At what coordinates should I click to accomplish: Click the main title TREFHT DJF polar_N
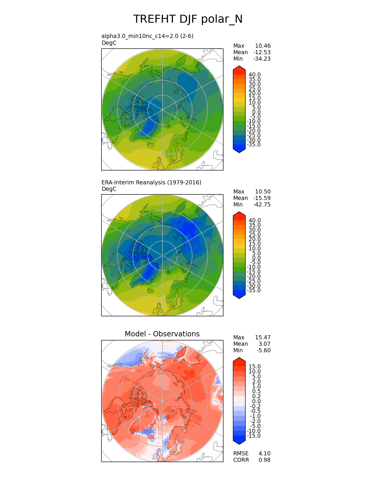click(x=188, y=19)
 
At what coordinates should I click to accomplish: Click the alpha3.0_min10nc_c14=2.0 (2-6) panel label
click(x=147, y=36)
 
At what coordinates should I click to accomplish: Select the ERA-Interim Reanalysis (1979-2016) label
click(x=151, y=182)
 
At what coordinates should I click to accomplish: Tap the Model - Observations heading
click(x=162, y=334)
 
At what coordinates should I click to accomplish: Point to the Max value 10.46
click(x=263, y=46)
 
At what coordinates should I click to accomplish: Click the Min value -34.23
click(x=262, y=59)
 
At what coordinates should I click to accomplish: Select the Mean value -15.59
click(x=262, y=198)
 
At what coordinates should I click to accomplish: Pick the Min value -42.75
click(x=262, y=205)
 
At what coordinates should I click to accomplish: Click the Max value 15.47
click(x=263, y=338)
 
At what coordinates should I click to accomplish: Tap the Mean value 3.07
click(x=265, y=344)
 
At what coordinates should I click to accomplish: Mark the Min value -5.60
click(x=264, y=351)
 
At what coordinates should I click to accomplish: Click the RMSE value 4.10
click(x=265, y=454)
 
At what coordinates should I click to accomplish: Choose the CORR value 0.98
click(x=265, y=460)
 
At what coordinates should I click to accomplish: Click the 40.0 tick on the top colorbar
click(x=255, y=75)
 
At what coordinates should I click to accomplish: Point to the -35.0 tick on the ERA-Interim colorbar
click(x=254, y=290)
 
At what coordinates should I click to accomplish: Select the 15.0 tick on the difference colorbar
click(x=255, y=367)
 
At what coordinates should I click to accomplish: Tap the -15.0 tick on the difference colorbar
click(x=254, y=436)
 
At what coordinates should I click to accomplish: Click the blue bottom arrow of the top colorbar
click(x=239, y=150)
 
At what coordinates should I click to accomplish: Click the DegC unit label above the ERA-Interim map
click(x=109, y=189)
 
